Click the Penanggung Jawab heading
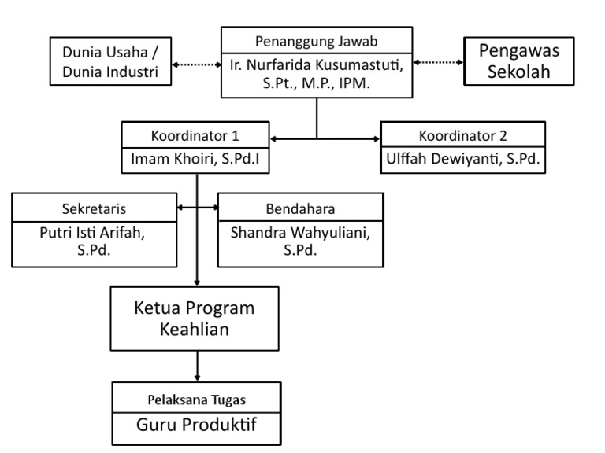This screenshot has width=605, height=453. [315, 39]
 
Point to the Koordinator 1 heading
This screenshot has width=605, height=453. [197, 133]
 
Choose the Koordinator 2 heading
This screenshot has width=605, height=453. [462, 133]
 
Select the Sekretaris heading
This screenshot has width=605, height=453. [93, 208]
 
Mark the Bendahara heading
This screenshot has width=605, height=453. [300, 208]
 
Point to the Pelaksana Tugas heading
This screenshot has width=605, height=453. [197, 398]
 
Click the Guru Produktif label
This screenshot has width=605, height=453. [197, 425]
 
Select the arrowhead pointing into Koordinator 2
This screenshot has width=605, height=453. [374, 139]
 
